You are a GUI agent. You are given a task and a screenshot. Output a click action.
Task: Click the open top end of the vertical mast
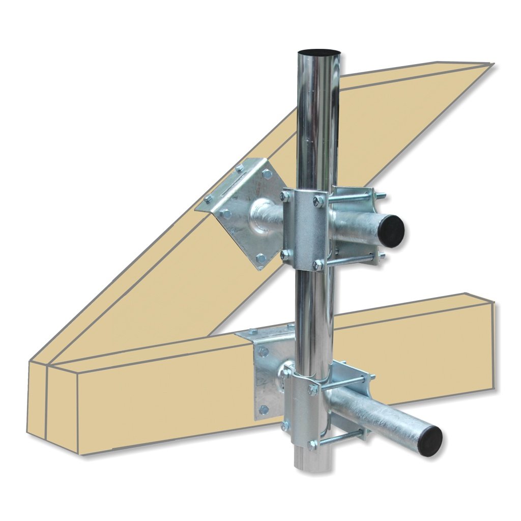click(319, 53)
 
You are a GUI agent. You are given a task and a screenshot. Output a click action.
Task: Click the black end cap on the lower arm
click(431, 440)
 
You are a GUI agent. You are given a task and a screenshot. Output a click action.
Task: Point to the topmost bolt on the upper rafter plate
click(240, 167)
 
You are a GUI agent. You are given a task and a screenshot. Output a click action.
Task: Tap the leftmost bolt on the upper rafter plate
click(208, 199)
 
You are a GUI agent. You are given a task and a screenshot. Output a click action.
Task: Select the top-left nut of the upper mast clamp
click(285, 195)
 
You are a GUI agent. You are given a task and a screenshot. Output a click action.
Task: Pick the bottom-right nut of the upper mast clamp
click(318, 265)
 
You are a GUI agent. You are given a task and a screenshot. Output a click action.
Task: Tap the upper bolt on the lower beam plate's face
click(263, 352)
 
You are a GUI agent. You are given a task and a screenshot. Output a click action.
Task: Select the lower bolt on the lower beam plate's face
click(263, 409)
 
